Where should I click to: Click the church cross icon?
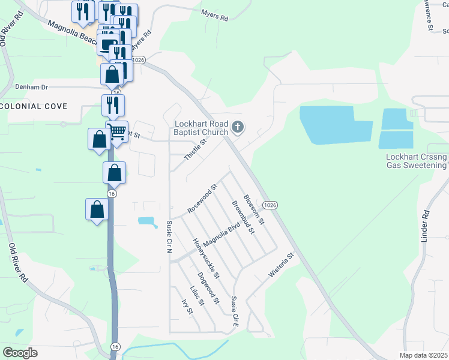pyautogui.click(x=238, y=127)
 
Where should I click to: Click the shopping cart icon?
pyautogui.click(x=118, y=131)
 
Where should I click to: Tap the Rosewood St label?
pyautogui.click(x=202, y=199)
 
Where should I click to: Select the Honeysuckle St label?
pyautogui.click(x=206, y=259)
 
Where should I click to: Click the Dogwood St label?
pyautogui.click(x=209, y=289)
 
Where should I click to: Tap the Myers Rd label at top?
pyautogui.click(x=215, y=16)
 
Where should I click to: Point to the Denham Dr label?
pyautogui.click(x=31, y=86)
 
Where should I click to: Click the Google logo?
pyautogui.click(x=20, y=352)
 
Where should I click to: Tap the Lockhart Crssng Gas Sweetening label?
pyautogui.click(x=417, y=161)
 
